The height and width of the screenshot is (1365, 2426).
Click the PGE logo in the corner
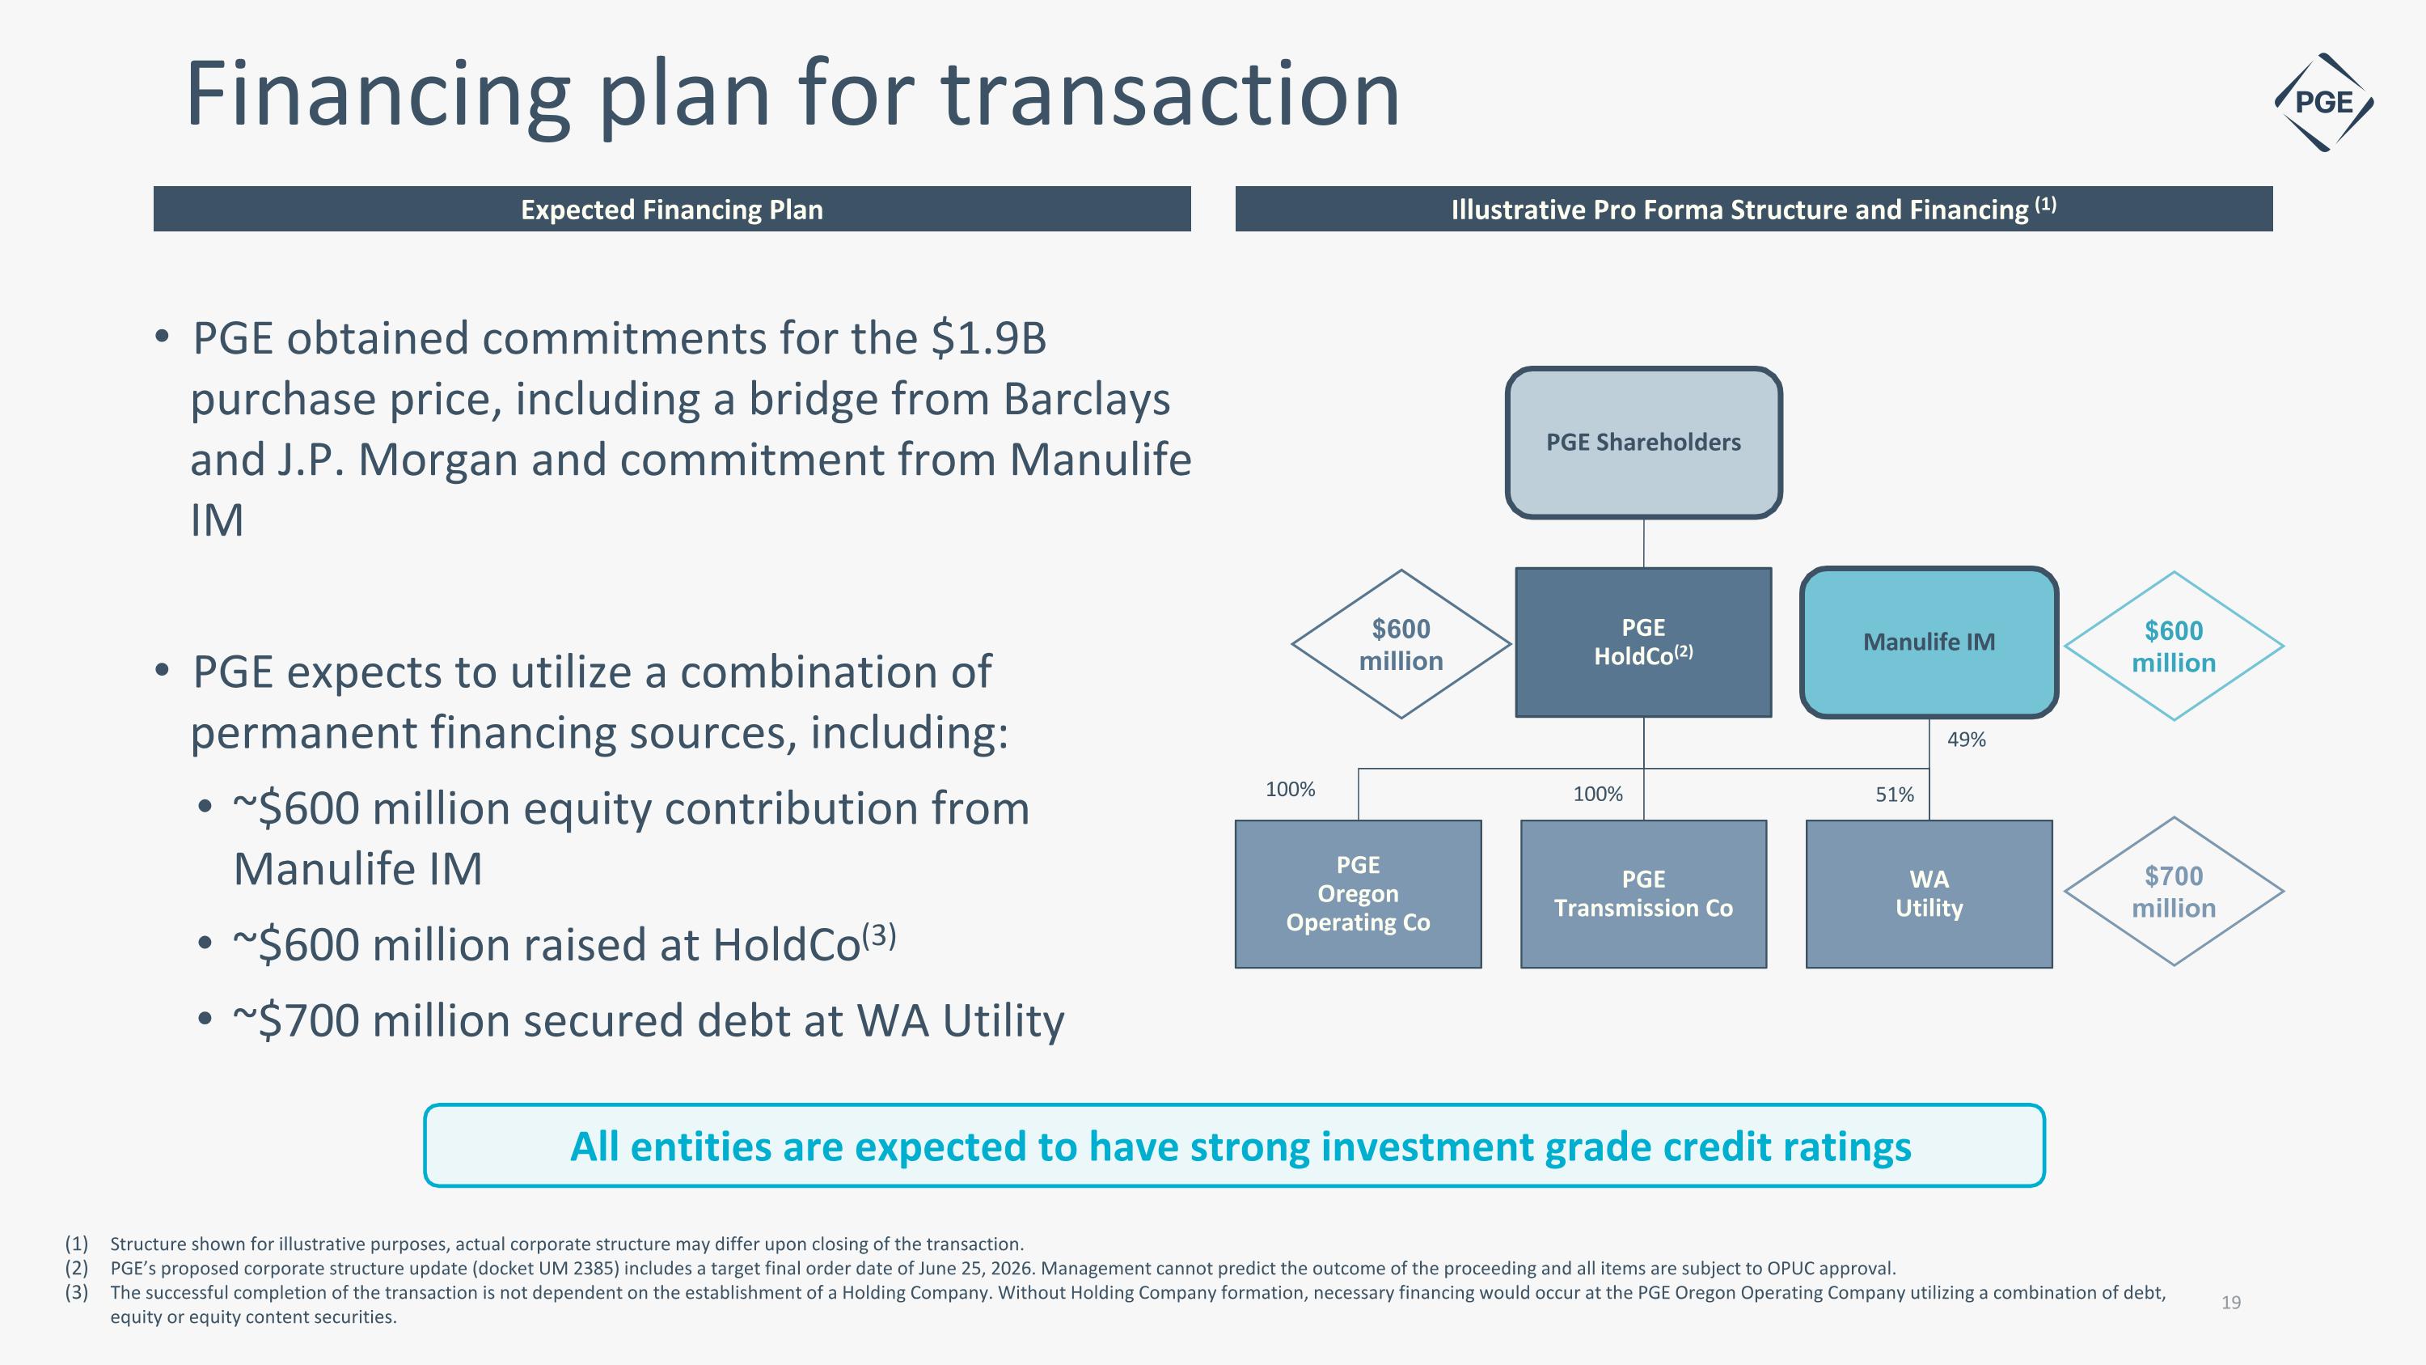point(2323,102)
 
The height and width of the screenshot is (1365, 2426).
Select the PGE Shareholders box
point(1643,443)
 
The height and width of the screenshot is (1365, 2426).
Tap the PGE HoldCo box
point(1643,642)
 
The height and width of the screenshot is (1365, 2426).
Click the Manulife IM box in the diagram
point(1929,642)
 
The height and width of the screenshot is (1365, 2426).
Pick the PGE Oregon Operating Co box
point(1358,894)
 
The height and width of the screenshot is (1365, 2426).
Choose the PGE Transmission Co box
point(1643,894)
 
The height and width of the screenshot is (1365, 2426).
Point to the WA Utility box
point(1929,894)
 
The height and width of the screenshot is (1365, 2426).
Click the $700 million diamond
point(2174,891)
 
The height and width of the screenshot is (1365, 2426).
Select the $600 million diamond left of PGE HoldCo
point(1401,644)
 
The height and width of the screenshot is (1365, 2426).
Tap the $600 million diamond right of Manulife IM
point(2174,646)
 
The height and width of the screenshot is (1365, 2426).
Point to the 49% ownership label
point(1967,740)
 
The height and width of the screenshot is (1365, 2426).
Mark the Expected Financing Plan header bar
point(673,209)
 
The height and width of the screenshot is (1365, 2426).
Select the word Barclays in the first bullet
point(1087,400)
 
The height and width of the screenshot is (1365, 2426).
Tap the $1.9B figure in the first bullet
point(989,338)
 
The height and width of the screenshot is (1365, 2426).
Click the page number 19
point(2231,1303)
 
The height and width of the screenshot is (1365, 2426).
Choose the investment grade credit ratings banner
point(1235,1146)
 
